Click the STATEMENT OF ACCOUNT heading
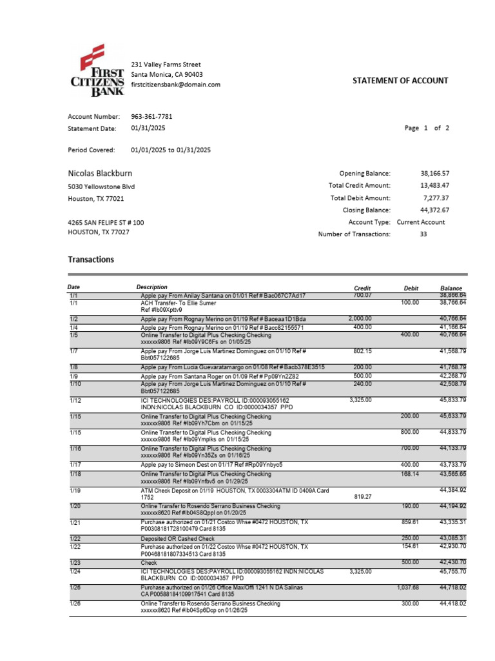[400, 81]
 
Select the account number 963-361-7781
[151, 117]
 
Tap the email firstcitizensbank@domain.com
[175, 85]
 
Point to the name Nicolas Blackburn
[101, 173]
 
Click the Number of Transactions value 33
[423, 234]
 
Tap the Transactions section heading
[91, 259]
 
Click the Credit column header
[362, 288]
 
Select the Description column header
[152, 287]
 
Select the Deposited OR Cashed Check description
[178, 538]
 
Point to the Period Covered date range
[171, 150]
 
